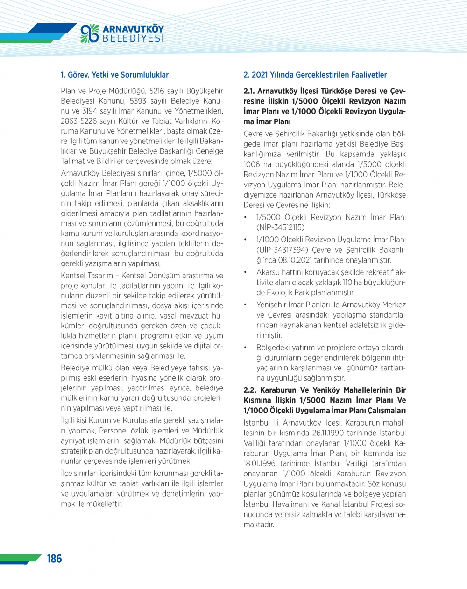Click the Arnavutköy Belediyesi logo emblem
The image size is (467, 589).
(90, 33)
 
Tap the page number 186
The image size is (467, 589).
(54, 559)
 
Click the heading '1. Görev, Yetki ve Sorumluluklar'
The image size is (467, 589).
(114, 75)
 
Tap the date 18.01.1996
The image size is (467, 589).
(259, 463)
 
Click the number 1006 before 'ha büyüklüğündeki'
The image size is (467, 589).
(252, 164)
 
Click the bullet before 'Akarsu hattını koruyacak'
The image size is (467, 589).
(246, 272)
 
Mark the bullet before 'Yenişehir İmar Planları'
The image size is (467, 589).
(246, 305)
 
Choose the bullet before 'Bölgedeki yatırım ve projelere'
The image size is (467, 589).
(246, 348)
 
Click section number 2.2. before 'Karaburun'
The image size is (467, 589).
(250, 390)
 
